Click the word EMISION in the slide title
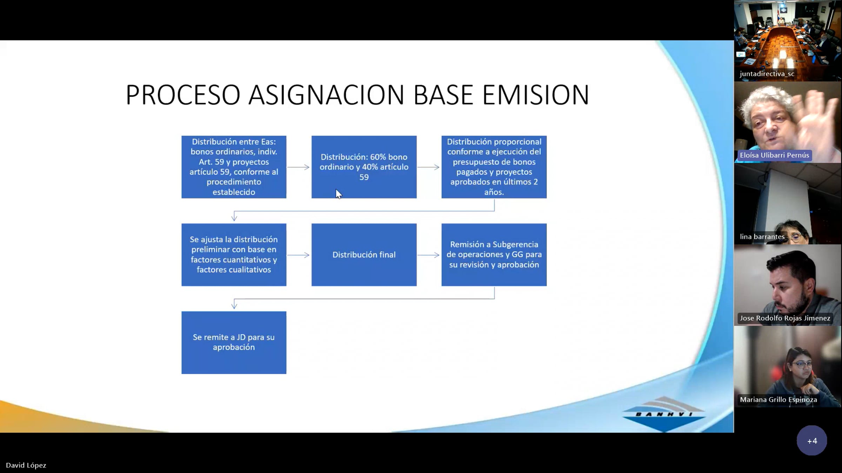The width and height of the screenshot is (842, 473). click(536, 95)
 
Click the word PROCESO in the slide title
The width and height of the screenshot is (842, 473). click(183, 95)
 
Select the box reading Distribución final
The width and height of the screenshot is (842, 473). click(364, 255)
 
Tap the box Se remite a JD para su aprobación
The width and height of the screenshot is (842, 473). click(234, 342)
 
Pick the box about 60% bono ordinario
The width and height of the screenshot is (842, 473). click(364, 167)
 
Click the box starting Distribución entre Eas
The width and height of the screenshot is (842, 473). click(234, 167)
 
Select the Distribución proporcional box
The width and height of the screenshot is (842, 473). click(494, 167)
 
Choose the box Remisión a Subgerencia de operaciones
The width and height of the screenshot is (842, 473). click(494, 255)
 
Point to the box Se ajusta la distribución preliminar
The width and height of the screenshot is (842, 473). click(234, 255)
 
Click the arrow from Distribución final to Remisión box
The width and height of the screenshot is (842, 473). click(428, 255)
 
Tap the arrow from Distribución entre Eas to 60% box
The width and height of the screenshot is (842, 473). click(299, 167)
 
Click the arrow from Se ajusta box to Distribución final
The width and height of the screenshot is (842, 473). click(299, 255)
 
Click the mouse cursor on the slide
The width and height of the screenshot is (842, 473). click(339, 194)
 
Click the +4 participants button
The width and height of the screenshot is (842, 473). click(812, 441)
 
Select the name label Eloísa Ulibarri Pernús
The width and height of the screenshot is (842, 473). click(774, 155)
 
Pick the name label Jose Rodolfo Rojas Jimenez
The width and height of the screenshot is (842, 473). click(785, 318)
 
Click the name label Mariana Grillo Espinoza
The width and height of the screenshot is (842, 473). click(778, 399)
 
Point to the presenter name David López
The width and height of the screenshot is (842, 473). click(26, 465)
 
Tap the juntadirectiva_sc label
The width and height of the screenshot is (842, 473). click(767, 74)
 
